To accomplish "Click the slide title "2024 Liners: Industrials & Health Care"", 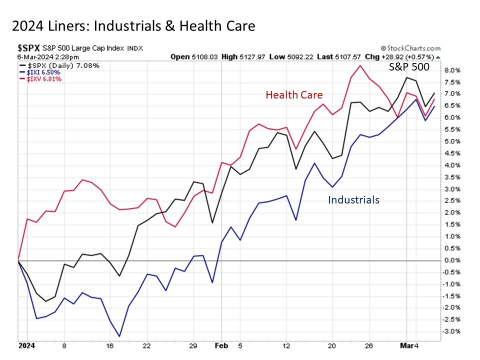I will (133, 26).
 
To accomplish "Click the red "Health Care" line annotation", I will (294, 95).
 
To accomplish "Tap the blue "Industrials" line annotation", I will (353, 200).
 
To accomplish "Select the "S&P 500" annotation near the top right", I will (409, 66).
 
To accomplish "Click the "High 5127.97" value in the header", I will (245, 57).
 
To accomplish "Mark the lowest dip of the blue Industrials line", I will (119, 336).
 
